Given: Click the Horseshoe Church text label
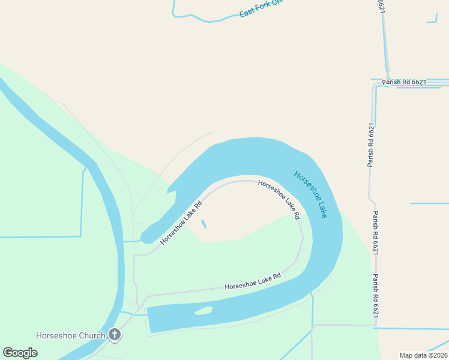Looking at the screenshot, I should [x=71, y=335].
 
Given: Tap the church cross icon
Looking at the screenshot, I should [x=114, y=335].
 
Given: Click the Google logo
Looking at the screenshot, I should [x=20, y=353].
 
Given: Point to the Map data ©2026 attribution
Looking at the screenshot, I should [x=423, y=355].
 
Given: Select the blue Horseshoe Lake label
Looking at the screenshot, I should [x=310, y=194].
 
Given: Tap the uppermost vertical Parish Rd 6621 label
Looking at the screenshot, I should [x=372, y=145].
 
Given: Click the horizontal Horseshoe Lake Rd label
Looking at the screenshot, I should [x=253, y=282].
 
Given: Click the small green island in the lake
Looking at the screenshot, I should [x=203, y=311].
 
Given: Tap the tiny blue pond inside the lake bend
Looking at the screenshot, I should [x=203, y=224].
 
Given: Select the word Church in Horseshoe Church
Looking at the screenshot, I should [x=91, y=335].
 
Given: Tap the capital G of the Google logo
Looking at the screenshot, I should [x=8, y=353].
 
